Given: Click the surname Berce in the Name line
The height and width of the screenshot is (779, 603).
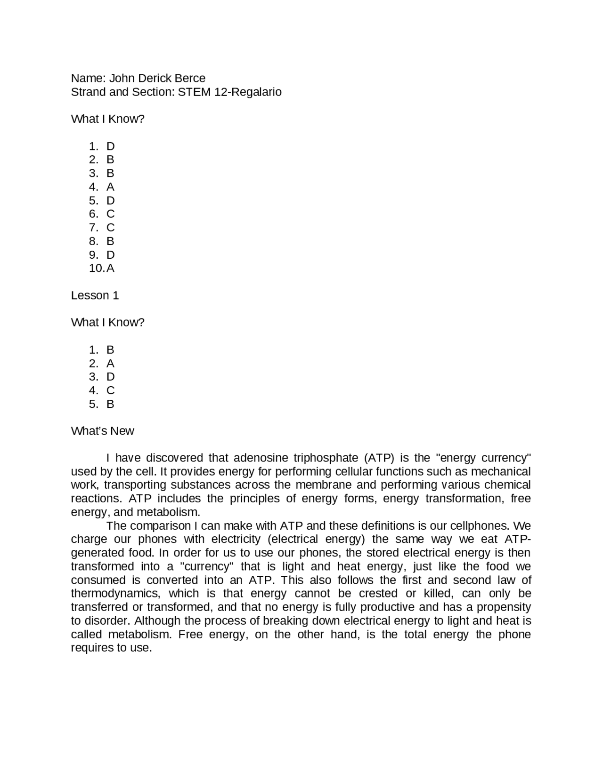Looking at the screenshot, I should click(x=190, y=78).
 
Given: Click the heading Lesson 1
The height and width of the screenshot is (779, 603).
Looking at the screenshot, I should click(x=95, y=295).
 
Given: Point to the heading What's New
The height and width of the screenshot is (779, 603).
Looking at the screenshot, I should click(x=102, y=431).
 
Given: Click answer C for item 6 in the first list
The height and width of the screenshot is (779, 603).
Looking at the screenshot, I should click(x=110, y=214).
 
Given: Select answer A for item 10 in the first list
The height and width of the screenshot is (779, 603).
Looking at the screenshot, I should click(x=110, y=268).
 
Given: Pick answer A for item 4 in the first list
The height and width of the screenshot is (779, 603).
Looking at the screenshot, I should click(x=110, y=187).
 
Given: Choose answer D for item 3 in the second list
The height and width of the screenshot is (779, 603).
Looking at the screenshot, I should click(x=110, y=377).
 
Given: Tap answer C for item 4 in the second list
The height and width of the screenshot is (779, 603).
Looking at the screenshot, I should click(x=110, y=390).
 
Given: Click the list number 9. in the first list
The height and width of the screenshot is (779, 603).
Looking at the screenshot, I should click(x=93, y=255).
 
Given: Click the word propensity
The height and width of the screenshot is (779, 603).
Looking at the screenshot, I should click(x=503, y=607).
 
